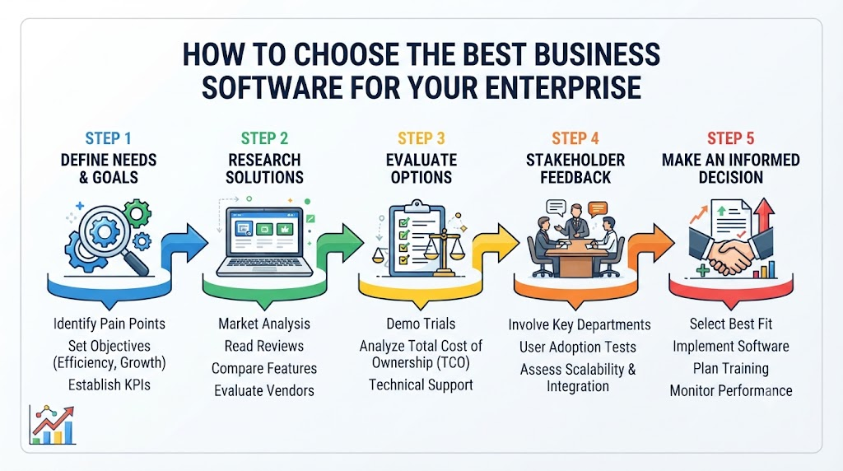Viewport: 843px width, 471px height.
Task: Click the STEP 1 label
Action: pos(108,138)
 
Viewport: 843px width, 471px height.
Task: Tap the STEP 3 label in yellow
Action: pos(421,138)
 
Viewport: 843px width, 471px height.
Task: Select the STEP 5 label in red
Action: pos(731,138)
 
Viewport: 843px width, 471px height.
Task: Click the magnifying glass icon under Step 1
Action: pos(110,236)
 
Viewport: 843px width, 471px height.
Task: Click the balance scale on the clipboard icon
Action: pos(445,250)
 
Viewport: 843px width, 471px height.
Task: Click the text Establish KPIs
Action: pos(109,385)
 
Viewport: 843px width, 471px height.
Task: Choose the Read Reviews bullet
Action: pos(264,347)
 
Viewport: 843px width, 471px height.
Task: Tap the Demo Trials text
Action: pos(421,324)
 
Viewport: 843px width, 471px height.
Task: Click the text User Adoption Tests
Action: pos(577,347)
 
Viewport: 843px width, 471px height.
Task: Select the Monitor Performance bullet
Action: pos(731,391)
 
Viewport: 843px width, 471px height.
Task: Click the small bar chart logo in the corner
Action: pos(52,425)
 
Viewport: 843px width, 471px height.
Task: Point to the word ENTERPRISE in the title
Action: pos(563,87)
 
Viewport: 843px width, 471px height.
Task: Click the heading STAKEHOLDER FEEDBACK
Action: pos(575,168)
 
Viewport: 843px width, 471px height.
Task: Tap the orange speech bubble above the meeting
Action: pos(598,208)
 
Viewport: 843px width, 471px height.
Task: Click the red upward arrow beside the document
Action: pos(763,215)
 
